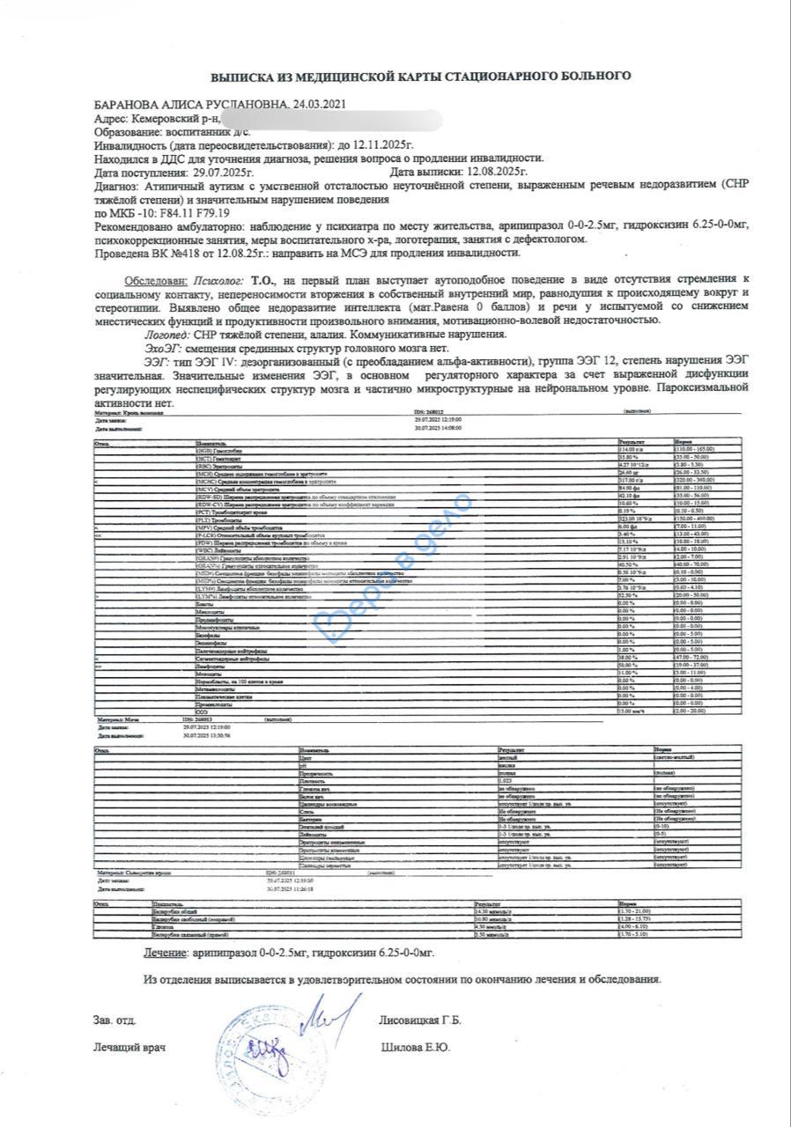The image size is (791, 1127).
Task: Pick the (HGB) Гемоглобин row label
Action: (218, 449)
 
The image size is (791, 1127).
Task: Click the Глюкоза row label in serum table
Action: (164, 927)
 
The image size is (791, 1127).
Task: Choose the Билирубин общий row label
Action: (173, 911)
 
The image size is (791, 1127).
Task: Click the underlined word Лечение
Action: (165, 954)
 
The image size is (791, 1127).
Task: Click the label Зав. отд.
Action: (115, 1020)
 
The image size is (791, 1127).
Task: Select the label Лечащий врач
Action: (129, 1048)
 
